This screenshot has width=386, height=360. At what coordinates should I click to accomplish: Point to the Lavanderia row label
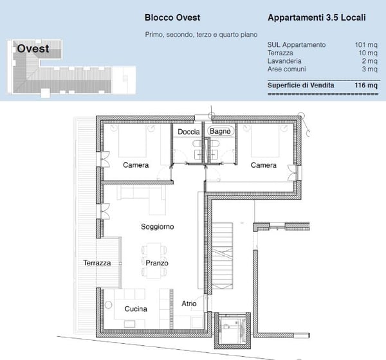[286, 60]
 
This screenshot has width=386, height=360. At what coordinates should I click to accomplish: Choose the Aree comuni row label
[287, 69]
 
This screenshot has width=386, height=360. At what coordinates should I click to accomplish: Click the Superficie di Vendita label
[301, 85]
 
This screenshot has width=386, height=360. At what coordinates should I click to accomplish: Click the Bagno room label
[219, 131]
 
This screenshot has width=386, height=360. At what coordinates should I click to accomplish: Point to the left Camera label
[136, 165]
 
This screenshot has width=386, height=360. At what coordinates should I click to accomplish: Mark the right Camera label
[264, 165]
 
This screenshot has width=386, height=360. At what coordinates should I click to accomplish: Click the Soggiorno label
[158, 227]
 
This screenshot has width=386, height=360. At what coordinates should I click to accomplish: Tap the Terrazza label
[97, 263]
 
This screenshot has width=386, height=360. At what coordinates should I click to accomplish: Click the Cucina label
[136, 309]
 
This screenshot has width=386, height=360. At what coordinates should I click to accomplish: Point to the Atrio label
[188, 304]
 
